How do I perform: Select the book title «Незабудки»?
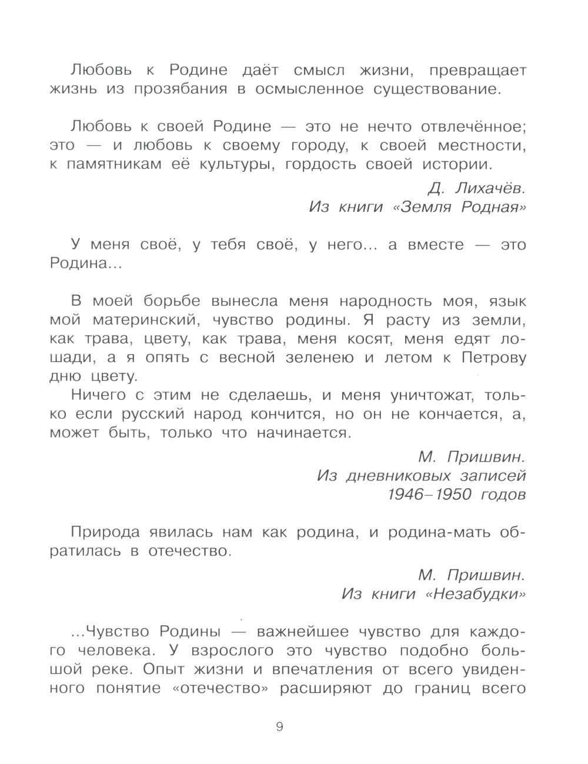click(x=479, y=594)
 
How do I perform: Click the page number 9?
click(x=279, y=727)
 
